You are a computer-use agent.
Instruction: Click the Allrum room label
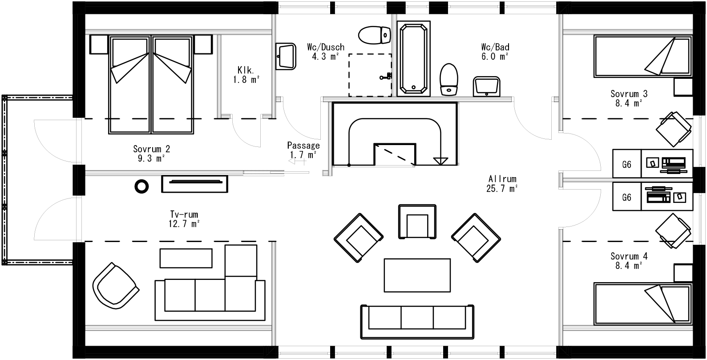pos(502,179)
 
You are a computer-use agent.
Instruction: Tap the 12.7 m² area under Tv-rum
pos(183,223)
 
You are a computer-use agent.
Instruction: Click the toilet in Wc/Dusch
pos(374,35)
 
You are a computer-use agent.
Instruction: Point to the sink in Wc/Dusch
pos(286,57)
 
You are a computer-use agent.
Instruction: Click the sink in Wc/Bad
pos(487,85)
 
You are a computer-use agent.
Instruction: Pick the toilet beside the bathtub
pos(448,79)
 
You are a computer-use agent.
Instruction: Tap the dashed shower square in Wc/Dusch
pos(370,75)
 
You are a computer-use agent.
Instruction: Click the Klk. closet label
pos(246,70)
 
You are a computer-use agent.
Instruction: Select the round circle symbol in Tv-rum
pos(142,186)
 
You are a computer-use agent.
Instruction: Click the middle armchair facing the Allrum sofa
pos(417,221)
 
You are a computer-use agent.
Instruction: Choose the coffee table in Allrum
pos(417,275)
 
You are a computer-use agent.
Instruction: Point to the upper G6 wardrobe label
pos(626,164)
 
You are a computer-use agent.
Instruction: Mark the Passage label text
pos(303,145)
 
